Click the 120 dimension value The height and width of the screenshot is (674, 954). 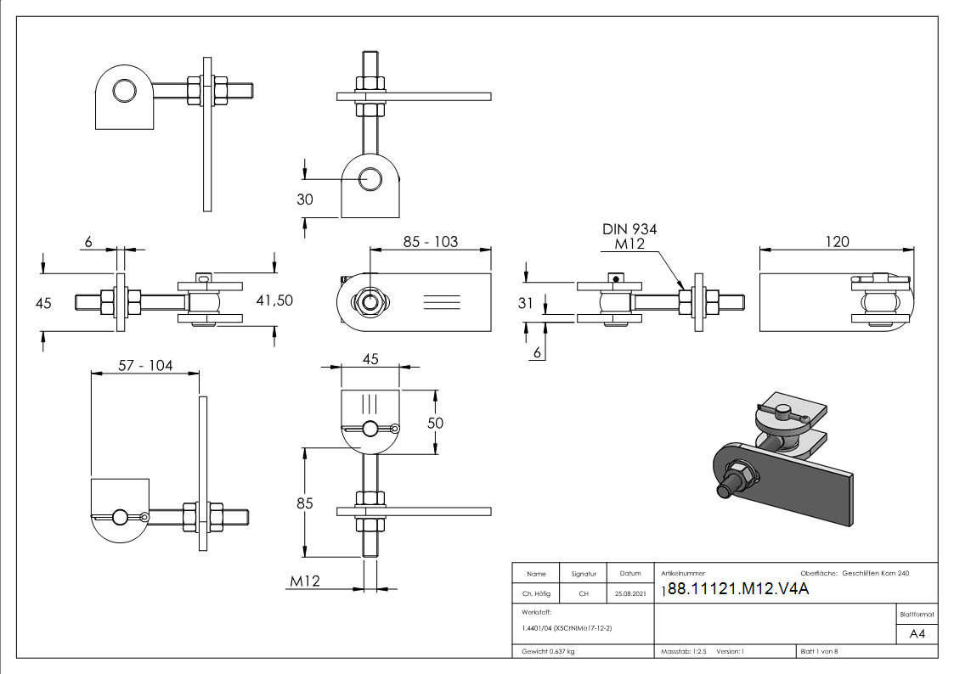coord(836,242)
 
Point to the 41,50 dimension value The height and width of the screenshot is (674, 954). coord(274,300)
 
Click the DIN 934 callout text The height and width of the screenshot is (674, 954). coord(629,229)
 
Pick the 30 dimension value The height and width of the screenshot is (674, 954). coord(304,199)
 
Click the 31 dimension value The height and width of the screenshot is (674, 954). coord(528,302)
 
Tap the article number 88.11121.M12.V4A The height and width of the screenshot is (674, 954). coord(734,591)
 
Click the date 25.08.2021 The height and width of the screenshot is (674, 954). coord(629,593)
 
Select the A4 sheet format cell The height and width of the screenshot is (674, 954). coord(917,634)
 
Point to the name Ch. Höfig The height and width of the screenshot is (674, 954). coord(536,593)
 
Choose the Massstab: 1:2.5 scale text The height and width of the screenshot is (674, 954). coord(683,651)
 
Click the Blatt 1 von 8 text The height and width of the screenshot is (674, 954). coord(819,651)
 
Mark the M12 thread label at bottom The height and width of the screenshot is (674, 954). coord(304,581)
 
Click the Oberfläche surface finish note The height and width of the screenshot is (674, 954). coord(855,574)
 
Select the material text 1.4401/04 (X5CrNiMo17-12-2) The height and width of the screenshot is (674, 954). coord(567,627)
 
